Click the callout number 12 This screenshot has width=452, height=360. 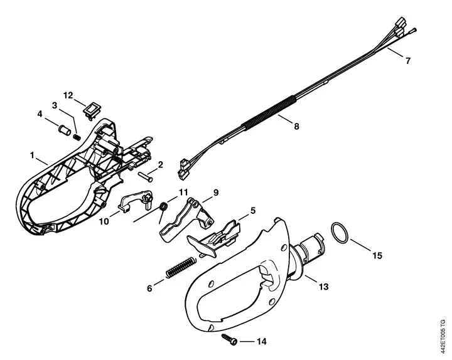[68, 95]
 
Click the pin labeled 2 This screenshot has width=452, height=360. [145, 176]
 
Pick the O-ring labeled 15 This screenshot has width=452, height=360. [340, 233]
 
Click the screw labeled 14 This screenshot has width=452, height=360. [230, 339]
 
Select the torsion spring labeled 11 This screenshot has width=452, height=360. [163, 208]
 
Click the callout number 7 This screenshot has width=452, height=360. [407, 61]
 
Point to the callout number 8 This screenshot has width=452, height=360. [296, 126]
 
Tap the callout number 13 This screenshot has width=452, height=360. [323, 287]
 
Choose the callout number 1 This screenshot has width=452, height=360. [32, 156]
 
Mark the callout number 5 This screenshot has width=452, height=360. [253, 211]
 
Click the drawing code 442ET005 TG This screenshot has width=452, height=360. [443, 336]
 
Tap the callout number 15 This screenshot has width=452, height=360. [377, 255]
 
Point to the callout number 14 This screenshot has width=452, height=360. [261, 342]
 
